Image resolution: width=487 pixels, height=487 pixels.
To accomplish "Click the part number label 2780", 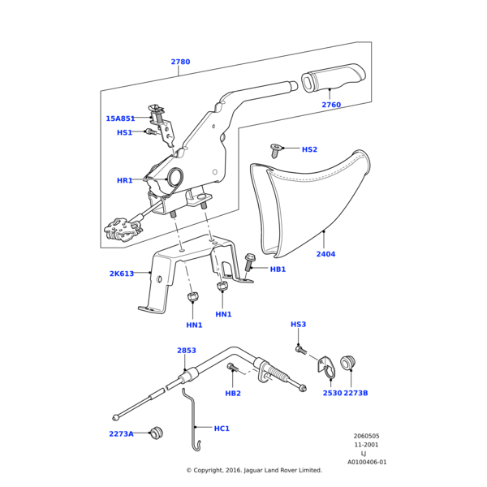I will pyautogui.click(x=180, y=62).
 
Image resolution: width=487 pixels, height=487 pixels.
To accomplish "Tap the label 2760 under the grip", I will pyautogui.click(x=330, y=105).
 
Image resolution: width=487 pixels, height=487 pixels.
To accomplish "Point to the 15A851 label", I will pyautogui.click(x=120, y=119).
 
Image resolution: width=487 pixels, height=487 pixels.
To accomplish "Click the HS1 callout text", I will pyautogui.click(x=124, y=132).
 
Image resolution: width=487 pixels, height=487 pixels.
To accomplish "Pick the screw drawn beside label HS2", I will pyautogui.click(x=277, y=150).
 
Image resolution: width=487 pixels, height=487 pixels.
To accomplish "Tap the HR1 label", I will pyautogui.click(x=124, y=180).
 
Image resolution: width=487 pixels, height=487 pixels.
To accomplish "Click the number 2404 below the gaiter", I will pyautogui.click(x=325, y=254).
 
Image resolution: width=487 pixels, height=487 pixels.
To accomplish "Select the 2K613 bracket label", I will pyautogui.click(x=122, y=274).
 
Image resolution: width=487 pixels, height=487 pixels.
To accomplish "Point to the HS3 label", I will pyautogui.click(x=299, y=325).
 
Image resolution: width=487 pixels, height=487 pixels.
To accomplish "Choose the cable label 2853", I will pyautogui.click(x=187, y=351).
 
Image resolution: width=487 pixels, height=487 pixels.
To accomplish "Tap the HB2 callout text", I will pyautogui.click(x=233, y=394).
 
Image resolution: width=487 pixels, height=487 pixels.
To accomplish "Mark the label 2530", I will pyautogui.click(x=332, y=393).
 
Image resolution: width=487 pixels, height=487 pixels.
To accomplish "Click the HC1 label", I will pyautogui.click(x=222, y=428).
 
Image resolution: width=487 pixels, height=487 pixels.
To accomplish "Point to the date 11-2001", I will pyautogui.click(x=367, y=445).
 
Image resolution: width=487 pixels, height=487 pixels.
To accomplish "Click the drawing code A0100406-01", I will pyautogui.click(x=367, y=462).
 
